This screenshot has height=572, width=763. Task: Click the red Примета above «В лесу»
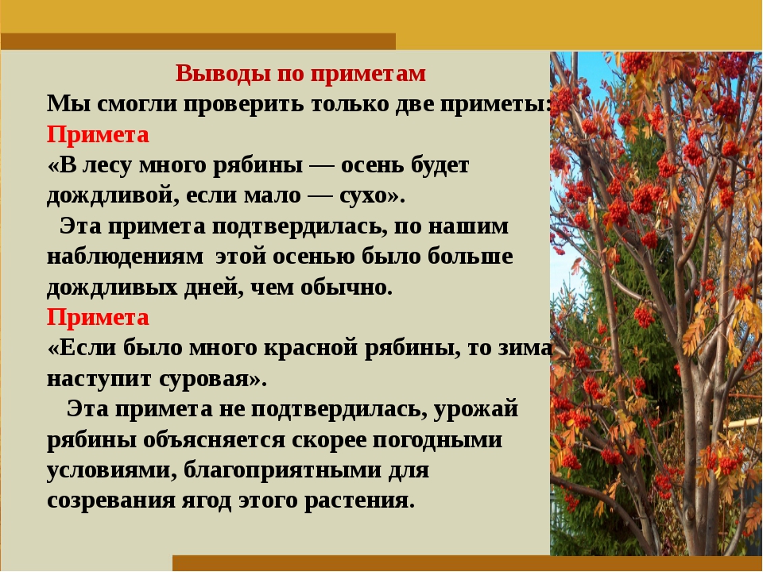point(98,135)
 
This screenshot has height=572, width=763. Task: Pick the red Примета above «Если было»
point(98,318)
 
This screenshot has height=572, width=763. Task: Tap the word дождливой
point(107,196)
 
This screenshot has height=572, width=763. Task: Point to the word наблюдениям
point(125,257)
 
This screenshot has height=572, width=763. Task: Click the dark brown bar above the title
point(198,41)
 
